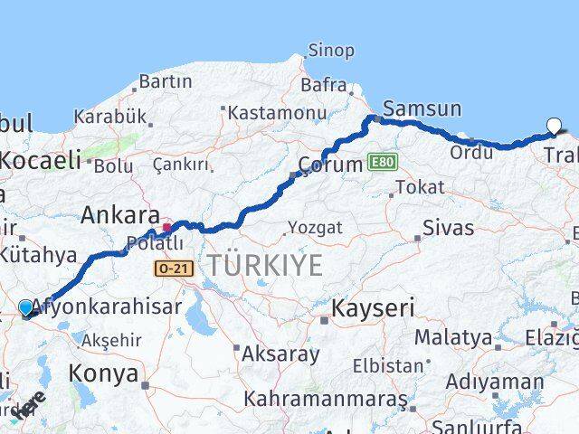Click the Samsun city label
[421, 109]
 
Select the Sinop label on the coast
[330, 51]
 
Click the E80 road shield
[382, 162]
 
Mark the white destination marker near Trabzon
[555, 127]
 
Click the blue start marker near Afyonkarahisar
[25, 308]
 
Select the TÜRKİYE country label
[264, 265]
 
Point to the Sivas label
[448, 226]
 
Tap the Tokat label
[420, 187]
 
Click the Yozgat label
[315, 228]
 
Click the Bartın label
[166, 81]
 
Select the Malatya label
[453, 337]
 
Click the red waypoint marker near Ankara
[167, 226]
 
